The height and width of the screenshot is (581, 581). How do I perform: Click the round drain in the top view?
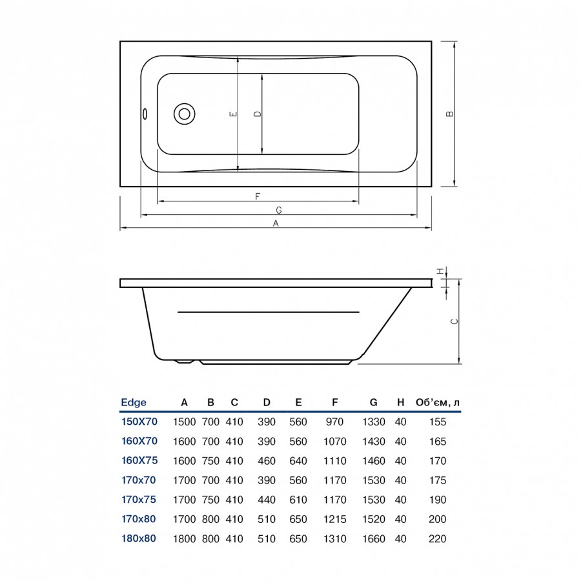[185, 114]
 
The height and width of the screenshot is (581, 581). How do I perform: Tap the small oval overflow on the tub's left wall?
[145, 114]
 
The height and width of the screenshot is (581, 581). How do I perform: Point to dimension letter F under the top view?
[258, 196]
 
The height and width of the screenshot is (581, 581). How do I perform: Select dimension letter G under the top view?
[279, 210]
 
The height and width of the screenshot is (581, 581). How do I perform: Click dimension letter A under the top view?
[276, 223]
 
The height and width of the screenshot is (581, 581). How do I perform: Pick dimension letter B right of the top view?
[450, 114]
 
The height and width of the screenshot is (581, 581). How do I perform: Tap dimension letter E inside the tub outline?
[233, 114]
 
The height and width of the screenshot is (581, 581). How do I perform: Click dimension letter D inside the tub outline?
[258, 114]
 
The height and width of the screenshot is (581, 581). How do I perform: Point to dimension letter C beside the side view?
[454, 321]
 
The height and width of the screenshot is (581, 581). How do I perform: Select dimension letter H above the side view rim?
[440, 272]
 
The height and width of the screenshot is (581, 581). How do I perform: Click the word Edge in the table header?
[134, 402]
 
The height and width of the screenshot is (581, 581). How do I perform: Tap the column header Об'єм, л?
[438, 402]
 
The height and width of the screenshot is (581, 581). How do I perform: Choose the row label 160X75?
[139, 460]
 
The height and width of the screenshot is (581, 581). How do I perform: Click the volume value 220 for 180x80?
[437, 539]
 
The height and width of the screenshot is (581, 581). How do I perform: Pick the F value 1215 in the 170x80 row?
[335, 519]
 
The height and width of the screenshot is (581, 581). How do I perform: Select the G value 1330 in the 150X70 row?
[374, 422]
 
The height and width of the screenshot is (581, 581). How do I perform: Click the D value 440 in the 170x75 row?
[267, 500]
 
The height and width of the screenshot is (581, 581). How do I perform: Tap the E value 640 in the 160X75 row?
[298, 461]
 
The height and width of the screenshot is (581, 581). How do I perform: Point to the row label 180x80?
[139, 538]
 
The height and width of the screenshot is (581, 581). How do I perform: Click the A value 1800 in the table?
[185, 539]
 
